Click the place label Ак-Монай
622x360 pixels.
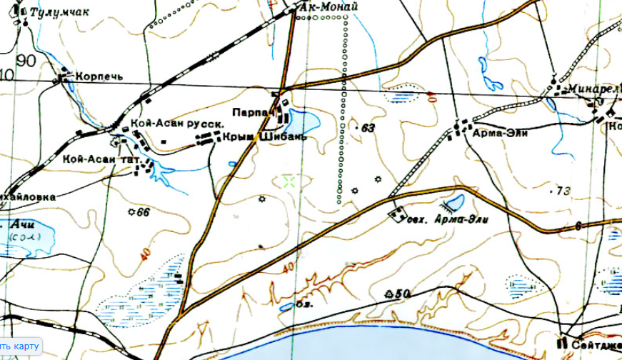329,6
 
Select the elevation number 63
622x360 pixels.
368,129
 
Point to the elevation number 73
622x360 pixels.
563,191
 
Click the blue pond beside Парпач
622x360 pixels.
304,121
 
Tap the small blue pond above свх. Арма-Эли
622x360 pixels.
455,202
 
